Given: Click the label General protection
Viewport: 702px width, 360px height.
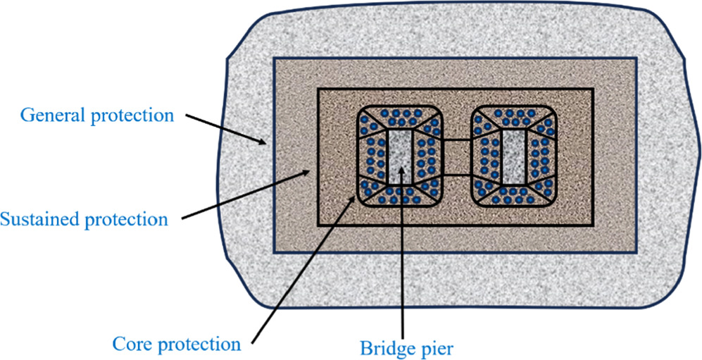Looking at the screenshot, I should [x=96, y=115].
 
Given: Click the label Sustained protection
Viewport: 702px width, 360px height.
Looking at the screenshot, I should [x=84, y=219].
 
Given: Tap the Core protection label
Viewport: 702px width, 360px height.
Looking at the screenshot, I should [x=177, y=345].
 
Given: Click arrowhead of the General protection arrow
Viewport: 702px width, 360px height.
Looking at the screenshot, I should [x=266, y=144].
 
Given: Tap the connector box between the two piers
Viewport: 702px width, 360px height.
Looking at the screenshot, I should [x=457, y=157].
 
